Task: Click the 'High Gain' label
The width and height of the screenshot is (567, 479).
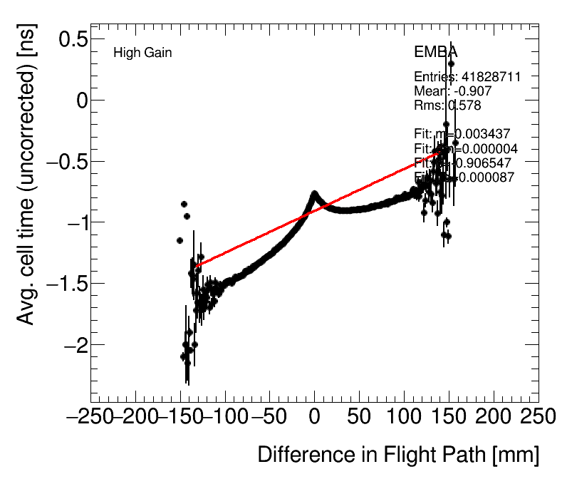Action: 142,53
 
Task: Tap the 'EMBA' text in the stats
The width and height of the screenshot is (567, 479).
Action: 435,53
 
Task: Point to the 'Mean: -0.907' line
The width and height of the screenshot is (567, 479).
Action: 452,91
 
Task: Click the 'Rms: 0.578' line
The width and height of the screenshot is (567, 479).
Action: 447,105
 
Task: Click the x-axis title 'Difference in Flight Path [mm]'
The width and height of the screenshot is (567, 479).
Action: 397,455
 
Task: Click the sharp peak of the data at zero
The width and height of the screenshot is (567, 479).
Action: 314,193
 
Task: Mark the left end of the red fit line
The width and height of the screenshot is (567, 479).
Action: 194,267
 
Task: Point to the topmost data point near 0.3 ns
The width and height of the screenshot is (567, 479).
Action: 451,63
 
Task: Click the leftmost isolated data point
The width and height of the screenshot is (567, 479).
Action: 180,240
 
